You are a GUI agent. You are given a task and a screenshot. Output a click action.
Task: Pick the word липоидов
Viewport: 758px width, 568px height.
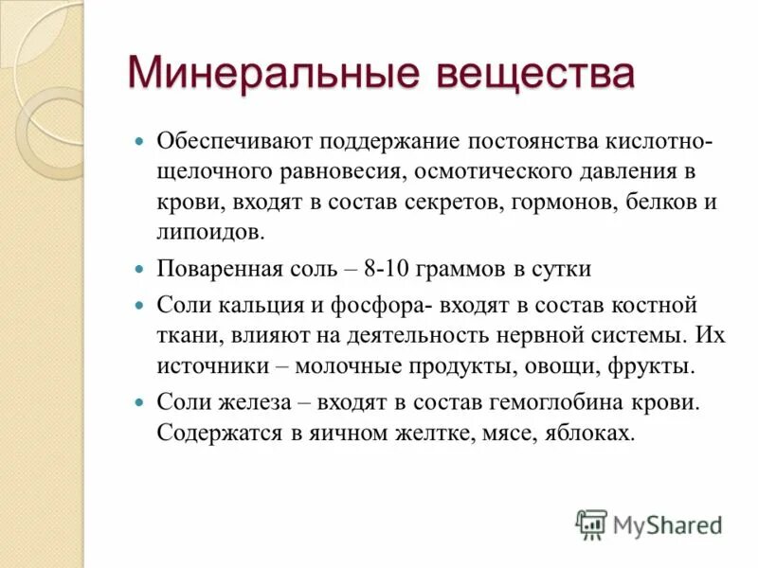coord(211,232)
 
